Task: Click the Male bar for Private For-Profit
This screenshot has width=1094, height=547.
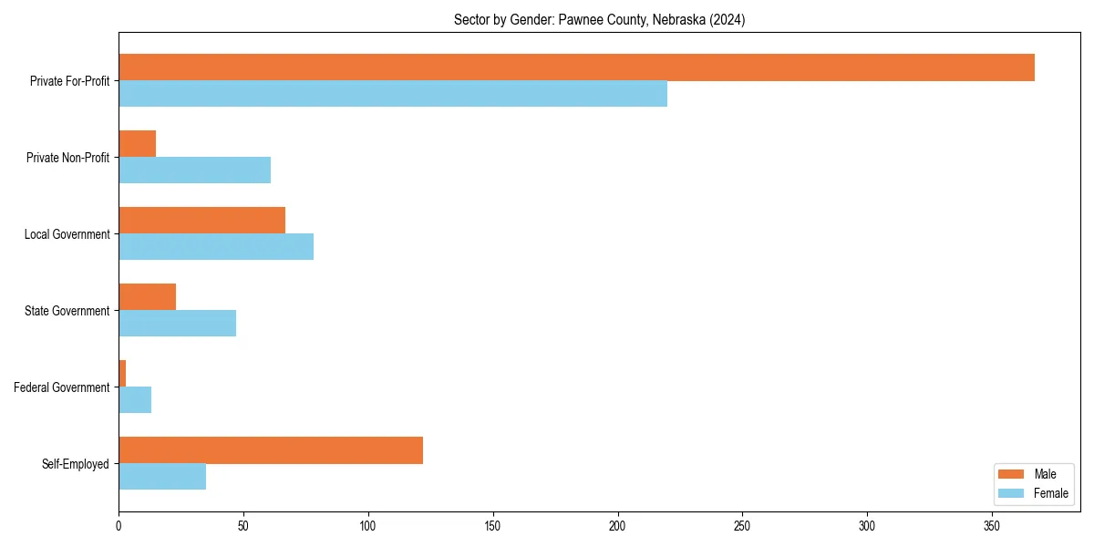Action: point(576,67)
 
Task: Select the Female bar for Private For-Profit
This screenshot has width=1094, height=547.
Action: point(393,94)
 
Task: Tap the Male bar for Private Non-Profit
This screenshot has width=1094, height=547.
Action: point(137,144)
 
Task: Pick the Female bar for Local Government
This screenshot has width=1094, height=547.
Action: point(216,247)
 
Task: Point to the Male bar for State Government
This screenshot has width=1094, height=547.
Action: point(147,297)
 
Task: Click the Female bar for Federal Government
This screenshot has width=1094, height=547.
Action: point(135,400)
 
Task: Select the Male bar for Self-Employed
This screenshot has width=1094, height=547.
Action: point(271,450)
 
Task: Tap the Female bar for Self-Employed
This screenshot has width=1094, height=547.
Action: point(162,477)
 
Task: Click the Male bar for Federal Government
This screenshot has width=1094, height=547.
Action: point(122,374)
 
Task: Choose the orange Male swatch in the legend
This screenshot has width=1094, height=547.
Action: point(1012,474)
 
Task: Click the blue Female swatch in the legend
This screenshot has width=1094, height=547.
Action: point(1012,493)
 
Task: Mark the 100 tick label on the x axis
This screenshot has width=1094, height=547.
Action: point(368,526)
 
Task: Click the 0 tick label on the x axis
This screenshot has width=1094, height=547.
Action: point(119,526)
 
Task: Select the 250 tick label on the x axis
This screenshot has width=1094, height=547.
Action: point(742,526)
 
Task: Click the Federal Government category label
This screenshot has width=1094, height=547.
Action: point(62,387)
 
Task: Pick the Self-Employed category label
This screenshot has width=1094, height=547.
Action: point(76,464)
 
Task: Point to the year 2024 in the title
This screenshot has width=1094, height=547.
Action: point(729,20)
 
